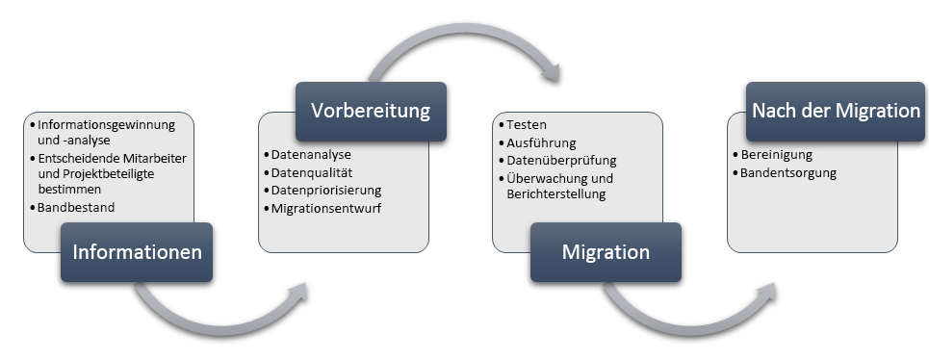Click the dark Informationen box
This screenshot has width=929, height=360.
click(x=137, y=252)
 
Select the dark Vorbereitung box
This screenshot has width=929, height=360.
click(x=371, y=112)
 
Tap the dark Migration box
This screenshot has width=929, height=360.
click(x=606, y=252)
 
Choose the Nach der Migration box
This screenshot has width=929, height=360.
click(x=837, y=112)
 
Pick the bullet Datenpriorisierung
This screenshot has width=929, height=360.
click(x=326, y=190)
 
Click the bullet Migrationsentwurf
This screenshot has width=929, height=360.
click(x=327, y=208)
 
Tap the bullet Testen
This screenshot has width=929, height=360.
click(x=528, y=125)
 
